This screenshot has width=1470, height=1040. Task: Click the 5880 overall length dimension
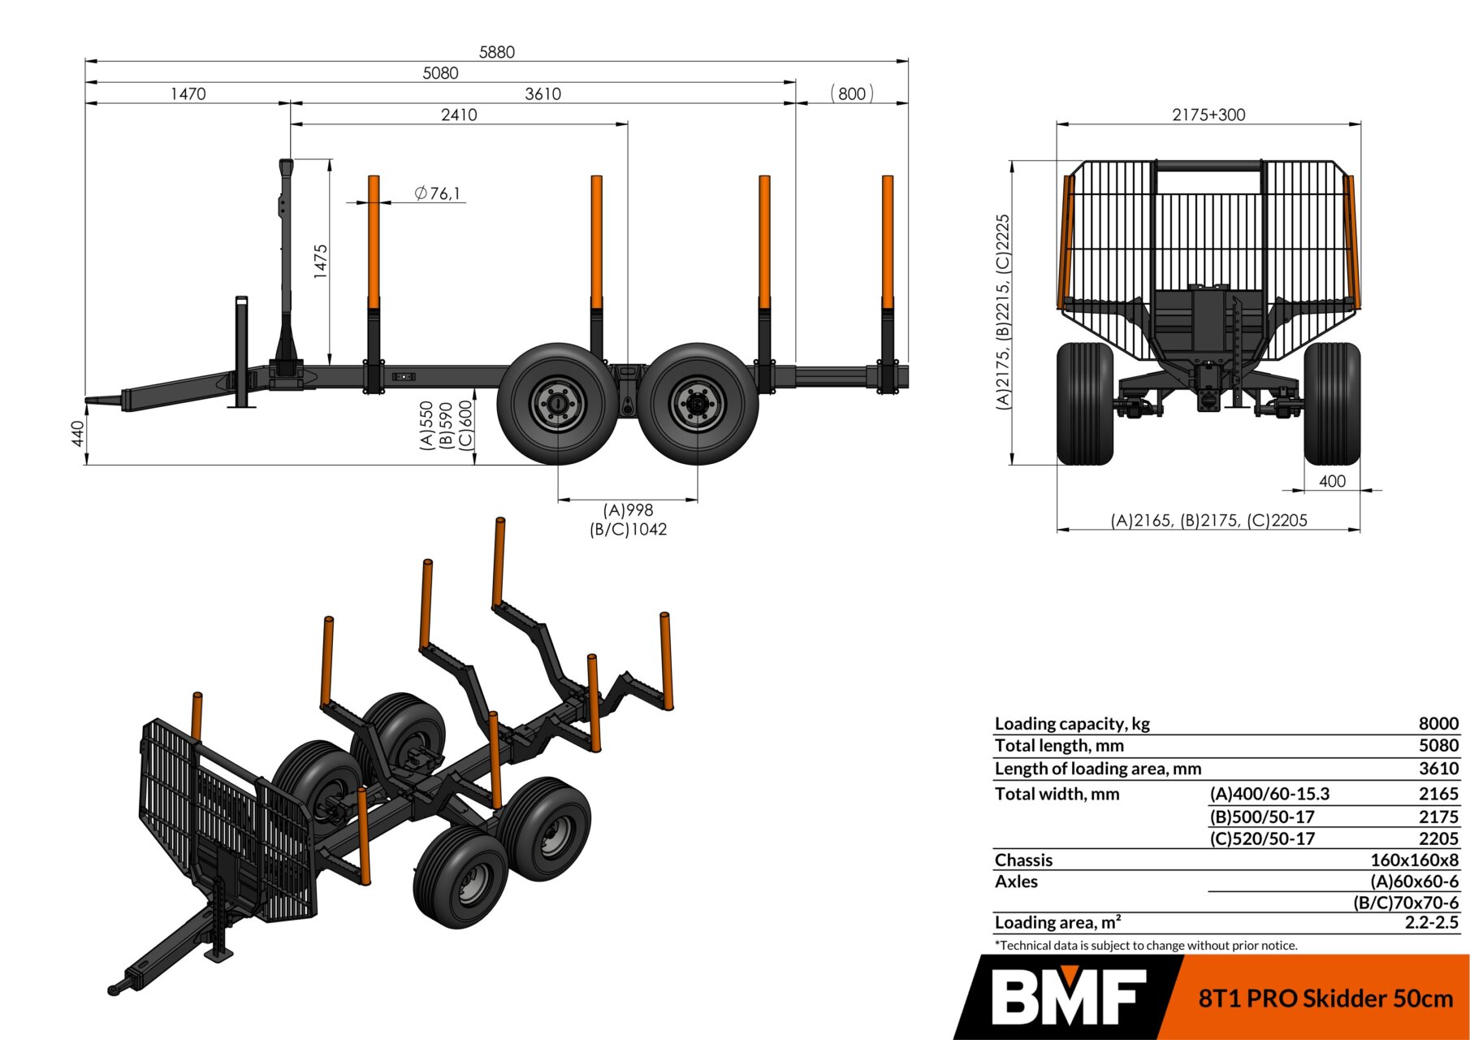coord(497,52)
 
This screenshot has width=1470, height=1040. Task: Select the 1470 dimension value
coord(188,94)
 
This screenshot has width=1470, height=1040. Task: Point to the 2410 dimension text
coord(459,115)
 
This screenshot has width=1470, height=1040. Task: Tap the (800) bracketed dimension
coord(852,93)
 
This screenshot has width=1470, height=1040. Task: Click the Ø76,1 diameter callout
coord(437,193)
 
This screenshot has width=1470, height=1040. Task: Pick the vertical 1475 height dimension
coord(321,262)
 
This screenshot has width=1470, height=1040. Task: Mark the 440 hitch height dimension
coord(78,433)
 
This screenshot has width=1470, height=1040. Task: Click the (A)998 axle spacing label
coord(628,510)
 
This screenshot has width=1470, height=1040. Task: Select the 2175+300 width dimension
coord(1208,115)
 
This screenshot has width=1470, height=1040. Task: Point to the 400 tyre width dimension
coord(1332,481)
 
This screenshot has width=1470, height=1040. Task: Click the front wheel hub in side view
coord(558,404)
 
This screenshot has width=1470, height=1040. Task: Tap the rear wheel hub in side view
coord(697,404)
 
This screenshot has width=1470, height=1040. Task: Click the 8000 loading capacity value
coord(1438,724)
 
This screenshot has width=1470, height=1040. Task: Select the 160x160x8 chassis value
coord(1414,860)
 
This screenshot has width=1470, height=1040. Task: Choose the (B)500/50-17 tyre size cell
coord(1262,817)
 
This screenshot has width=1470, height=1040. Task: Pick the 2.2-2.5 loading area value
coord(1431,923)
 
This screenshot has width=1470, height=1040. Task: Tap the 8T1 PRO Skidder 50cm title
coord(1325,998)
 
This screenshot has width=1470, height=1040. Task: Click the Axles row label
coord(1016,882)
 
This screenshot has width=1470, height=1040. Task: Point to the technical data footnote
coord(1146,946)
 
